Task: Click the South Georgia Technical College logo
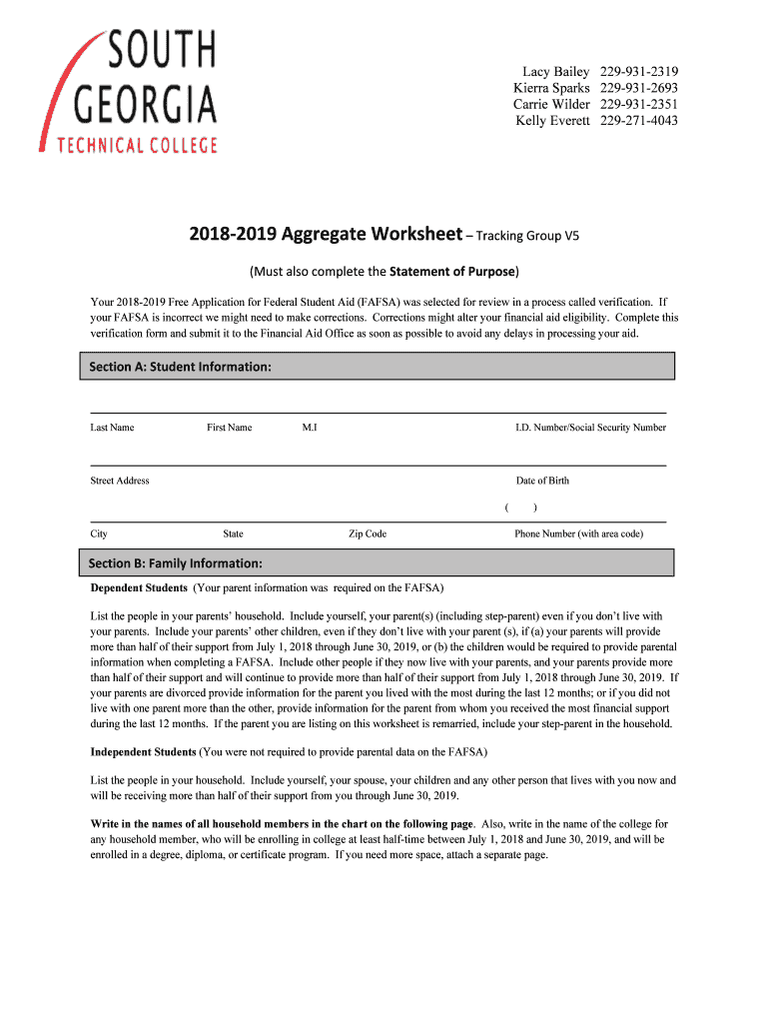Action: click(129, 91)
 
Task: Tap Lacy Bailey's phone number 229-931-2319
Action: click(639, 72)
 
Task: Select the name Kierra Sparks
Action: click(551, 88)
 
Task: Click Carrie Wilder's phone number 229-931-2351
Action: click(639, 104)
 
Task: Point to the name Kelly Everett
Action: click(552, 121)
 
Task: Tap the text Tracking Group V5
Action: click(527, 237)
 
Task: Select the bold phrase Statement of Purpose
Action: click(452, 271)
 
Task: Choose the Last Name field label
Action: click(112, 428)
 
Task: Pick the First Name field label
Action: click(229, 428)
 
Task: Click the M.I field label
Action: click(310, 428)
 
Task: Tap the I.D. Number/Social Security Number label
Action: click(590, 428)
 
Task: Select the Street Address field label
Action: click(120, 481)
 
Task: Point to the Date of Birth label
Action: click(542, 481)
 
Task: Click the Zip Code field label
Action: click(367, 533)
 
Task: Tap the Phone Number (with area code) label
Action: click(578, 533)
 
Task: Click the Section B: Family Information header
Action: click(176, 562)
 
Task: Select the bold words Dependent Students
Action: click(139, 587)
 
